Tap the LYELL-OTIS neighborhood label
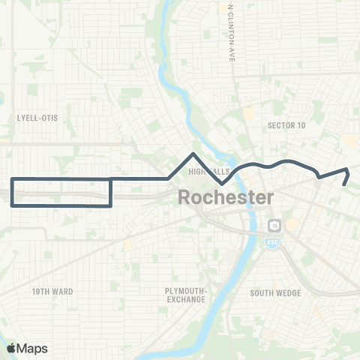[37, 118]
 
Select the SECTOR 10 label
[286, 126]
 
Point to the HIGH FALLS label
[208, 172]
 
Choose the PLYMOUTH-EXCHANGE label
[186, 295]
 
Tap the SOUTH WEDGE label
[276, 293]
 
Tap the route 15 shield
[274, 225]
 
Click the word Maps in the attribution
[33, 347]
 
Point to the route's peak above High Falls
[194, 154]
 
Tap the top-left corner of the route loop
[11, 179]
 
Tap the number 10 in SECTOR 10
[301, 126]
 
